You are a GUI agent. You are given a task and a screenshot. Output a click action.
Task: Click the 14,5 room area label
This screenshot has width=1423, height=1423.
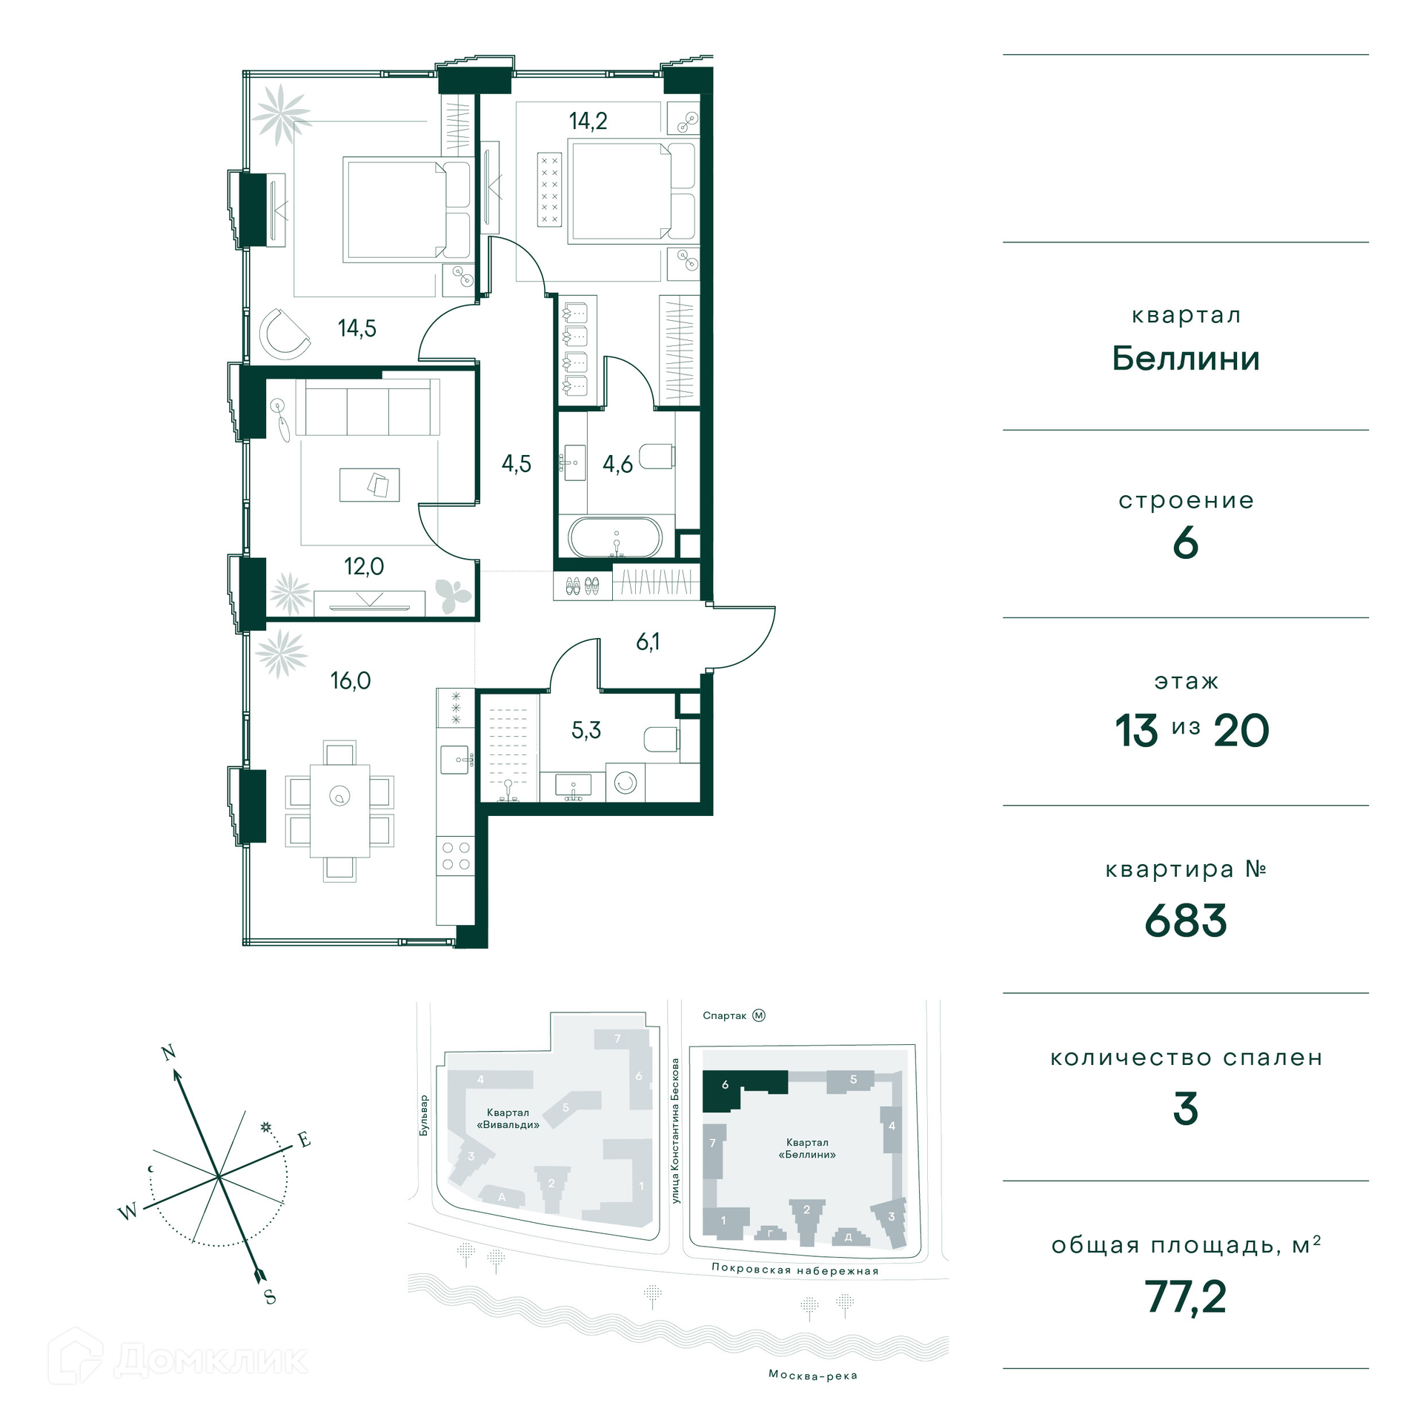coord(357,328)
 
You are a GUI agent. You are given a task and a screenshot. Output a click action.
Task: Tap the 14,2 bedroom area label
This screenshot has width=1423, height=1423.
coord(588,120)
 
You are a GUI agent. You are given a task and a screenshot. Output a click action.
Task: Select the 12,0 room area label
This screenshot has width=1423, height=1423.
coord(364,566)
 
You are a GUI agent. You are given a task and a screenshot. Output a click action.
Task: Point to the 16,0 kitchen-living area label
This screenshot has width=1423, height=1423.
coord(351,680)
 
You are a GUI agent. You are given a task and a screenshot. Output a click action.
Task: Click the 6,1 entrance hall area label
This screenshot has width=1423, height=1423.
coord(648,642)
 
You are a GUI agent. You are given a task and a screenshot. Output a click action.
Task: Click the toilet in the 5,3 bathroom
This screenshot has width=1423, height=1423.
coord(661,739)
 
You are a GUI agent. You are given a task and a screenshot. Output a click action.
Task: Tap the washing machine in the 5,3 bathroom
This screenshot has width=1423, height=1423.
coord(626,783)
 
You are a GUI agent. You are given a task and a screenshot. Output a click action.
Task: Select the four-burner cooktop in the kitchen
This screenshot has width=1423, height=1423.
coord(456,855)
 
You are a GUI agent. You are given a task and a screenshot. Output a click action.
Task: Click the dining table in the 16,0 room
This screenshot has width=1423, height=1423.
coord(340,810)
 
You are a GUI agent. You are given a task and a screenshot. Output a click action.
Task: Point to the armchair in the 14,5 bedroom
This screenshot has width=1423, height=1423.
coord(285,334)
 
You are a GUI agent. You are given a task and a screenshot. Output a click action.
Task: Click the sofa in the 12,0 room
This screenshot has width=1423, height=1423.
coord(368,408)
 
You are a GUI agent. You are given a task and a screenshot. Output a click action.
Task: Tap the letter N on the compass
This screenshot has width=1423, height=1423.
coord(169,1052)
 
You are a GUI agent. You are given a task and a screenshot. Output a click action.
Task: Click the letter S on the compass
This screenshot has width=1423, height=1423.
coord(270,1297)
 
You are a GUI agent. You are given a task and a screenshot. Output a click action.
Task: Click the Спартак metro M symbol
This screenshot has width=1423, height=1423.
coord(759,1015)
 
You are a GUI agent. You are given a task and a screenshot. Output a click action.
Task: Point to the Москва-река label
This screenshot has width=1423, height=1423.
coord(813,1376)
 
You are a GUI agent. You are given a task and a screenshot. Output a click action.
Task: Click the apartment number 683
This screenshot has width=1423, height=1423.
coord(1186,921)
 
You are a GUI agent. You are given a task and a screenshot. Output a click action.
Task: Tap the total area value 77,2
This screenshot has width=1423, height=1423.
coord(1186,1297)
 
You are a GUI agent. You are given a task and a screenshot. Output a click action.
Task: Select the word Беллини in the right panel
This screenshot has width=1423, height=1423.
coord(1186,359)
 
